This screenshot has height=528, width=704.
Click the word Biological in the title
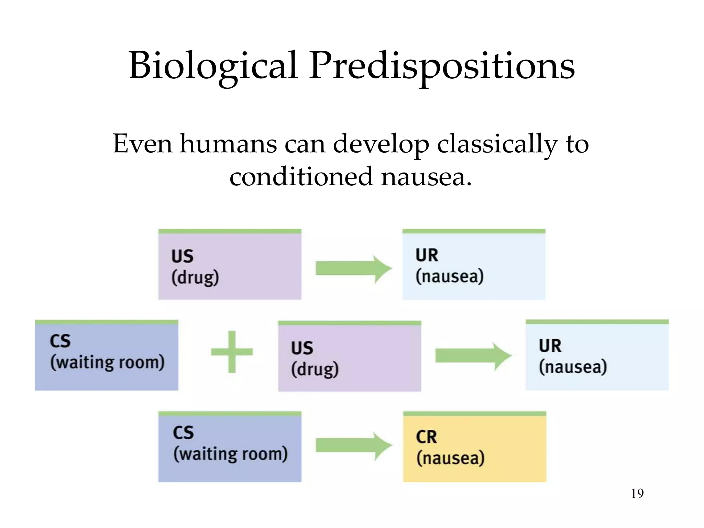pos(213,66)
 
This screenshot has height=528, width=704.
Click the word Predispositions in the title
pos(442,66)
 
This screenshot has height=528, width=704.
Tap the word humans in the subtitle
pos(228,144)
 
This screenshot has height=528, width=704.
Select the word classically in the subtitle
pos(497,144)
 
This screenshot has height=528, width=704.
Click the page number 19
pos(637,494)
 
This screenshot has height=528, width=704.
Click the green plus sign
pos(232,352)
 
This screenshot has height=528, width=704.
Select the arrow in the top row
pos(353,268)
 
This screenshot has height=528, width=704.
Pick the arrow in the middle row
pos(473,356)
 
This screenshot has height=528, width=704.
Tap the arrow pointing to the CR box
pos(353,446)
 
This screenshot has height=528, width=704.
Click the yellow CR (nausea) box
pos(474,447)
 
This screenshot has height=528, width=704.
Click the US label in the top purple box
pos(183,256)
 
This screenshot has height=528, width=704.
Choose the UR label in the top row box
pos(427,255)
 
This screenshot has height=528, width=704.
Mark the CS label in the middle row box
pos(60,341)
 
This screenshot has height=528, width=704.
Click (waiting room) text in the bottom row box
pos(230,454)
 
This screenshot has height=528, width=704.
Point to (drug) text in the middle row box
pos(315,370)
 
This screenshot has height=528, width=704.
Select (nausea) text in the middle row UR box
pos(573,367)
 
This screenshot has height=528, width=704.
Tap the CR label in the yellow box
pos(426,437)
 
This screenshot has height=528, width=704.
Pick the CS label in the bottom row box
pos(183,433)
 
